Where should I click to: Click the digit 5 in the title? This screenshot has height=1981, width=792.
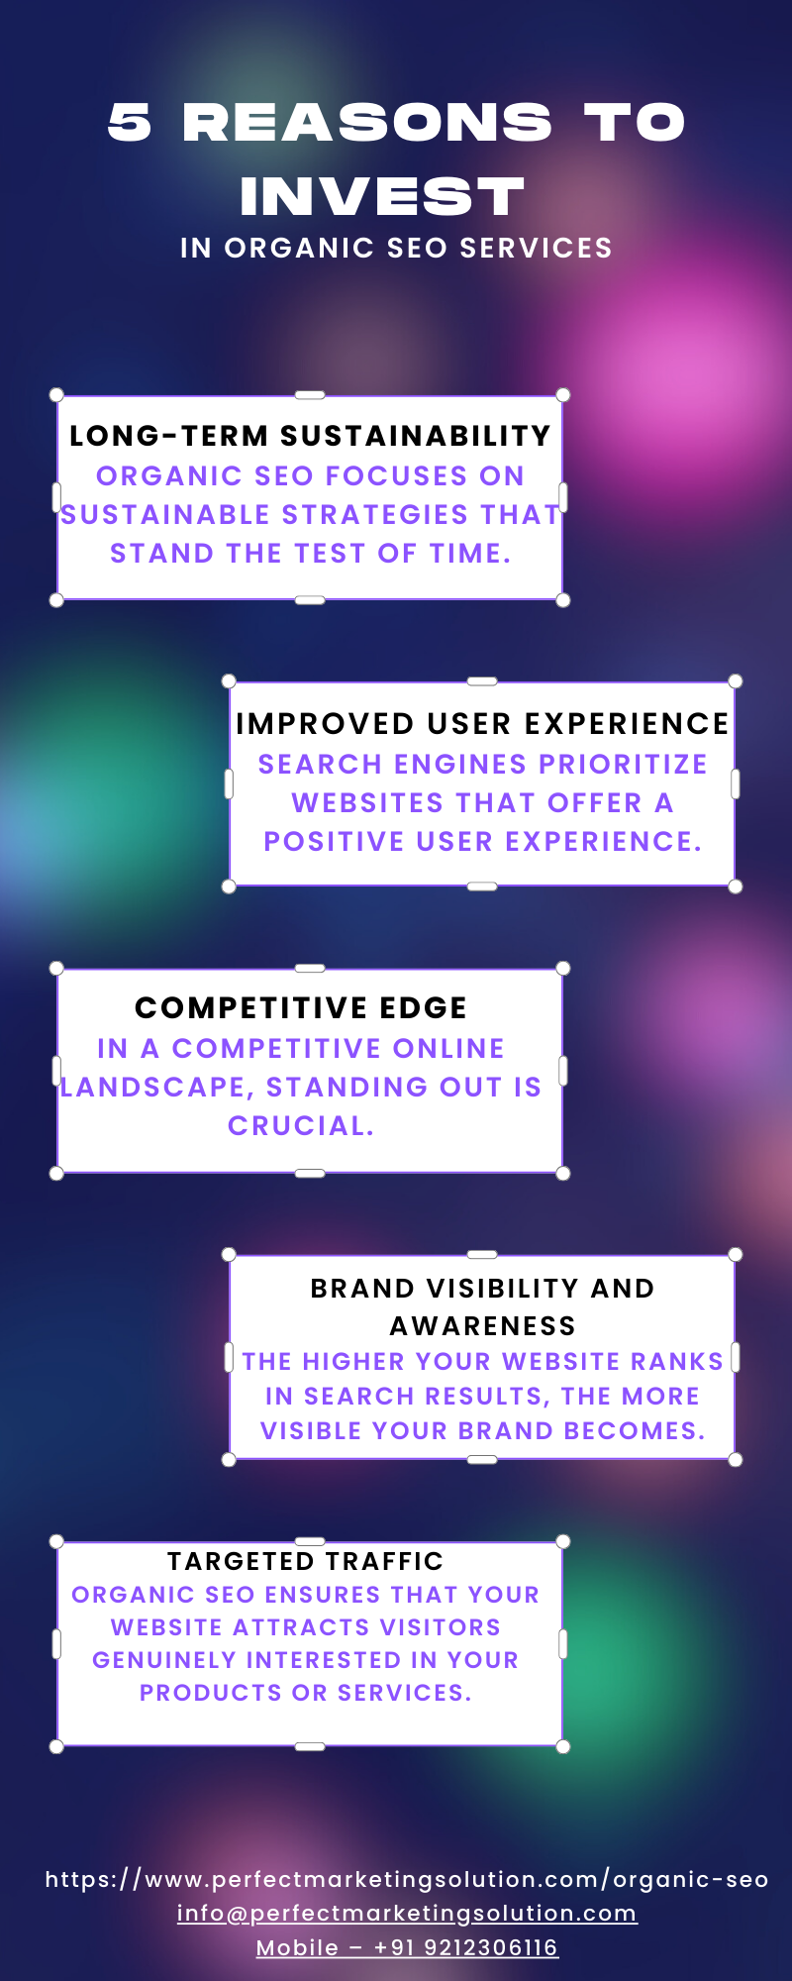(x=130, y=123)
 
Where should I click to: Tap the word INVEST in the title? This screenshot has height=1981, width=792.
(x=382, y=196)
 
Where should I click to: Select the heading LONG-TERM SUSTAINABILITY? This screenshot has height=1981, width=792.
(x=310, y=436)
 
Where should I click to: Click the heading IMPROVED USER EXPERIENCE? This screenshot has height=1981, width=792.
(x=482, y=724)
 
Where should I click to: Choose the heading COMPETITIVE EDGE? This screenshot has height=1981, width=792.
(x=301, y=1008)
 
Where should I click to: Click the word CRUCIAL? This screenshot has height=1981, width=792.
(x=301, y=1126)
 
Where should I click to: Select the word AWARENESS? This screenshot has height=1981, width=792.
(x=482, y=1325)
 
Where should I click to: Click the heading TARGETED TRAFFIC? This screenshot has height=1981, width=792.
(x=306, y=1561)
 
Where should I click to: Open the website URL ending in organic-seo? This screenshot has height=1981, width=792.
(x=407, y=1879)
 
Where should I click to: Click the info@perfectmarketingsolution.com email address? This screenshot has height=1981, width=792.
(x=407, y=1914)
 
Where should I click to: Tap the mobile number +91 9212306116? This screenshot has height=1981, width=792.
(x=465, y=1947)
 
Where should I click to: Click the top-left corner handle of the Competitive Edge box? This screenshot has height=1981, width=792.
(x=56, y=968)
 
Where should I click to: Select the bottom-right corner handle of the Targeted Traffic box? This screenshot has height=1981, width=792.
(x=563, y=1746)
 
